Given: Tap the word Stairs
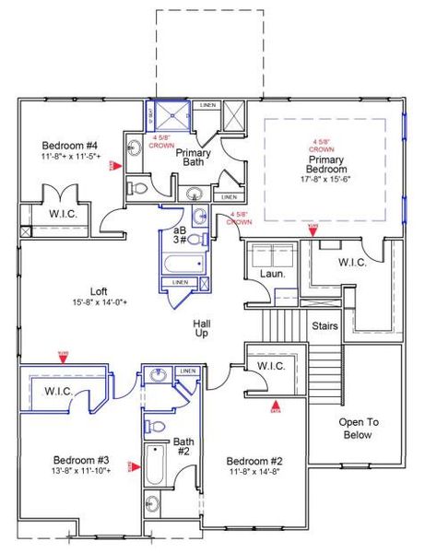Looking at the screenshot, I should (325, 326).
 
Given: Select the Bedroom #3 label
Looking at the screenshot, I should (81, 459).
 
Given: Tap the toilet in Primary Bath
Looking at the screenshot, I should (139, 187).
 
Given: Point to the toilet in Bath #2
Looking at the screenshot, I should (156, 426).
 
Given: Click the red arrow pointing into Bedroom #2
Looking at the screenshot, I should (274, 404).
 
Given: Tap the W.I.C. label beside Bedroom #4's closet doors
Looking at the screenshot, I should (41, 214).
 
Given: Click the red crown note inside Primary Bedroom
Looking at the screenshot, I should (321, 145).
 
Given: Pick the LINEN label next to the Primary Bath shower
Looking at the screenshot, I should (208, 106).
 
